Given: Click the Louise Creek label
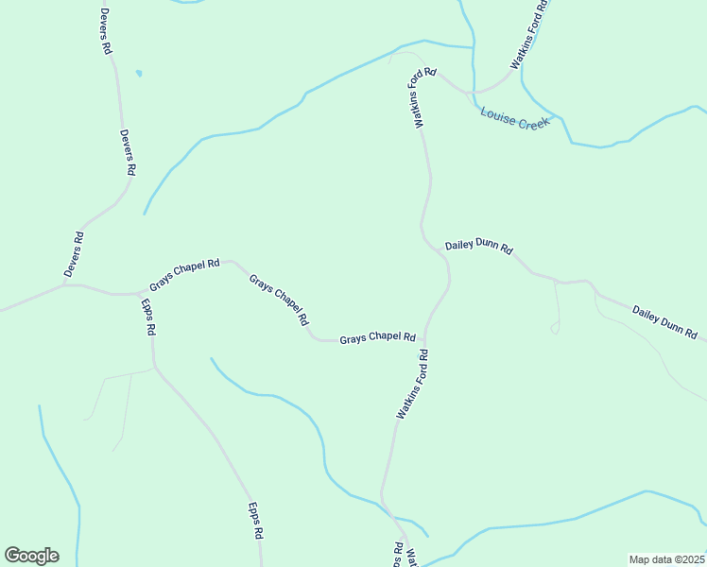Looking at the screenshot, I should (515, 118).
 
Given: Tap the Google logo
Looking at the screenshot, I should (31, 556).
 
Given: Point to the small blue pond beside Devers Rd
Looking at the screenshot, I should (139, 73).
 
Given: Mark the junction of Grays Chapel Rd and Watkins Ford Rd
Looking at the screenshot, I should (425, 339).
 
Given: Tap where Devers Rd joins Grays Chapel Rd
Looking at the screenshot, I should (64, 283).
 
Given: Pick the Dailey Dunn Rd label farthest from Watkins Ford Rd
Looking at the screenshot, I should (664, 322).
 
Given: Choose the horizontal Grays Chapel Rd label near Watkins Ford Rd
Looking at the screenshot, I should (378, 337).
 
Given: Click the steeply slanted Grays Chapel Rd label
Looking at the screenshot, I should (279, 300).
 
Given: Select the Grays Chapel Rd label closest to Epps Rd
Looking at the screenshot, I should (184, 275).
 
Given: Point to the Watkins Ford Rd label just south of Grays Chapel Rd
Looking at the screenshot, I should (413, 385).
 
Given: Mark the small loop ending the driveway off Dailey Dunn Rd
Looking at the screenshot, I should (555, 328).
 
